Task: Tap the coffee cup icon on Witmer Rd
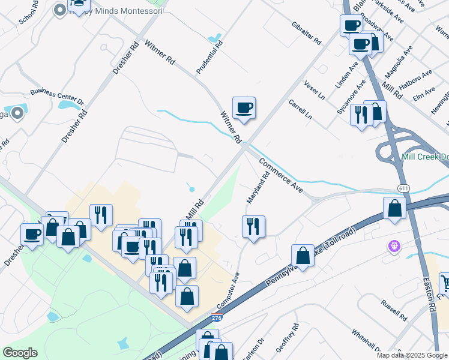tap(244, 108)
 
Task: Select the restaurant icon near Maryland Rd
tap(253, 227)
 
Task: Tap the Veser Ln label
tap(315, 89)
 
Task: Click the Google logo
tap(20, 353)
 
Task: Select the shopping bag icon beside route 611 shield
tap(394, 208)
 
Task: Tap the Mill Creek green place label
tap(425, 157)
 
